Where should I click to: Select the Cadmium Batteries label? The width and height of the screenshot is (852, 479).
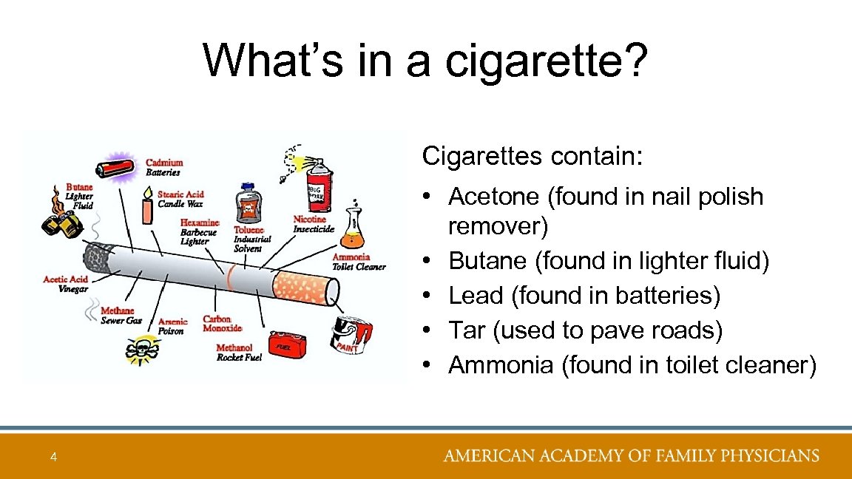tap(163, 167)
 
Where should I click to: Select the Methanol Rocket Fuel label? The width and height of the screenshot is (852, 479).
tap(239, 353)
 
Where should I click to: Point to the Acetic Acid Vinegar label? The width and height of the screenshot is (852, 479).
tap(66, 284)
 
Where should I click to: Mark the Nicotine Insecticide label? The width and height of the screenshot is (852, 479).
tap(314, 224)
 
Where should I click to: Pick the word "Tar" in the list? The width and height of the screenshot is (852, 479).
tap(467, 330)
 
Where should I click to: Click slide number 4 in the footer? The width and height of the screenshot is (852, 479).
tap(53, 458)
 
